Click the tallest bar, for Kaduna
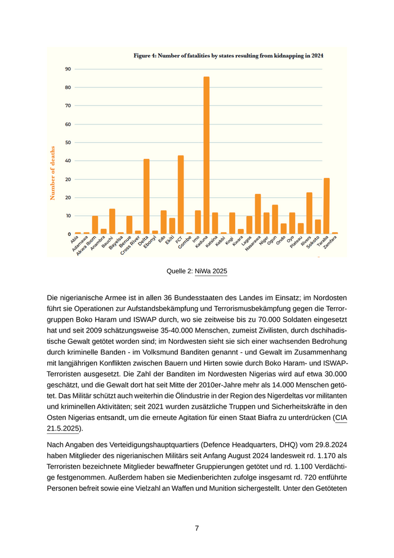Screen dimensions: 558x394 click(x=206, y=155)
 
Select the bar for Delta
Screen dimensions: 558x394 click(x=146, y=196)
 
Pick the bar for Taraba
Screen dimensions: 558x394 click(x=326, y=206)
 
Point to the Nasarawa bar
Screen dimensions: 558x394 click(x=258, y=214)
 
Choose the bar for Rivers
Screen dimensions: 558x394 click(x=309, y=213)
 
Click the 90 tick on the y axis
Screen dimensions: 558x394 click(x=68, y=69)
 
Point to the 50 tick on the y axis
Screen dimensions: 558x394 click(x=68, y=143)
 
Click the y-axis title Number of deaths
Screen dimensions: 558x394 click(x=53, y=172)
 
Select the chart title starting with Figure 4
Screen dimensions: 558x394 click(x=228, y=56)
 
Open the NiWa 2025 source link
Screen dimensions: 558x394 click(x=211, y=272)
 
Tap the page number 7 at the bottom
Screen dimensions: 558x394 click(x=197, y=528)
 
